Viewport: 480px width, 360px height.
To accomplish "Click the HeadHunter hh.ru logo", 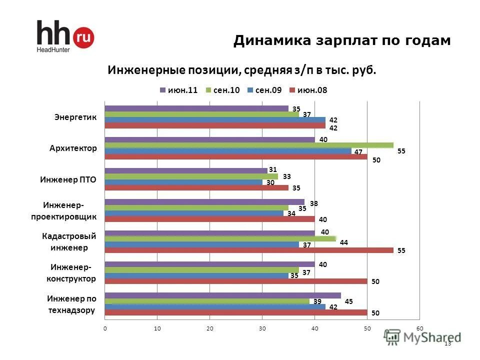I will click(64, 36).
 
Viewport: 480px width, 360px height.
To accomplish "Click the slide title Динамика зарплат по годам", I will click(342, 40).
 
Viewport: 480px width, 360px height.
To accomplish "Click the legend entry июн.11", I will click(179, 90).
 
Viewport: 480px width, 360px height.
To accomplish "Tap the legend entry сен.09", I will click(264, 90).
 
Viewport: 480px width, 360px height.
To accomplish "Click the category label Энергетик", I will click(75, 117).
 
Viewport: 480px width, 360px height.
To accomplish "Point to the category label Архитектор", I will click(73, 148).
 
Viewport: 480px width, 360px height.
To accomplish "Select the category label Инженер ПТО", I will click(68, 179).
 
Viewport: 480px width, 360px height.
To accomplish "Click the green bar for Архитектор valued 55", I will click(248, 145).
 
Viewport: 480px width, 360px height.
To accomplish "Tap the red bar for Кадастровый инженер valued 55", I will click(248, 250).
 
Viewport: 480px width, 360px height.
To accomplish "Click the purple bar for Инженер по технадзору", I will click(222, 295).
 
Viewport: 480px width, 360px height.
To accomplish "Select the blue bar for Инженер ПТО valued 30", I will click(183, 182).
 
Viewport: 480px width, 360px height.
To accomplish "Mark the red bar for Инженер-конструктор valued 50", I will click(235, 281).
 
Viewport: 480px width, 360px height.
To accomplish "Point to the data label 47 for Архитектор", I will click(358, 152).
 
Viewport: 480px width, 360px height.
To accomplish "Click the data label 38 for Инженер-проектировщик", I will click(313, 203).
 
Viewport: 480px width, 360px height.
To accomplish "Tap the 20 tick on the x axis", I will click(209, 328).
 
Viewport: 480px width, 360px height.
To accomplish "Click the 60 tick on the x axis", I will click(419, 328).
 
